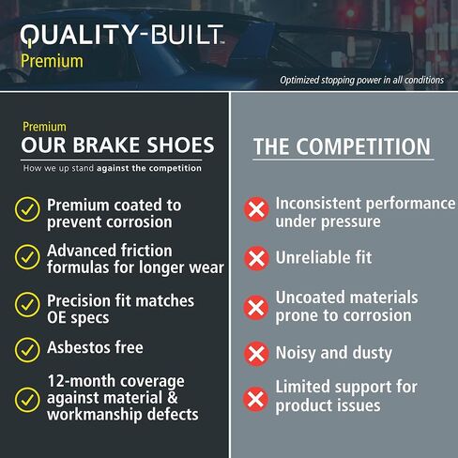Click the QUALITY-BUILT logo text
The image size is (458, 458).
(x=122, y=36)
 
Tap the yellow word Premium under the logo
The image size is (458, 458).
(x=52, y=61)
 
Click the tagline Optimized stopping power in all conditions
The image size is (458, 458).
(x=361, y=80)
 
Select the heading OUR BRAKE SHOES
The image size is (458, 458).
(x=118, y=145)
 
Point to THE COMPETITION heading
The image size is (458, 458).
(x=342, y=147)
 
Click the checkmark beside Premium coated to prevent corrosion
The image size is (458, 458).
(x=26, y=211)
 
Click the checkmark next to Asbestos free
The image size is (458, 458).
(x=26, y=349)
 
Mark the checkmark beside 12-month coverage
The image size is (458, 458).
(x=26, y=398)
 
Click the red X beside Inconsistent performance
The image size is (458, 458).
(x=255, y=209)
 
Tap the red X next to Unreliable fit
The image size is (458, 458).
(x=255, y=257)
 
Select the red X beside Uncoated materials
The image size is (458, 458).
(x=255, y=307)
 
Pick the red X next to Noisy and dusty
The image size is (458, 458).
(x=255, y=354)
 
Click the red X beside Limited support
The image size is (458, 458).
(x=255, y=398)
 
